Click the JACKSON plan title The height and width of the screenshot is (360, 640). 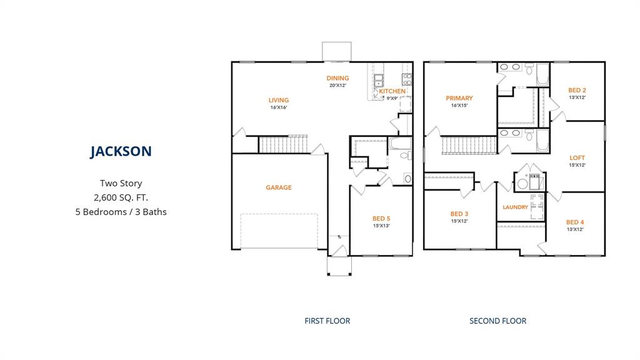click(121, 151)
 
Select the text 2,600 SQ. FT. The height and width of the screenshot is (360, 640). click(121, 197)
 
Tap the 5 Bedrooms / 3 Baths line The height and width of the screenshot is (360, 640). click(121, 212)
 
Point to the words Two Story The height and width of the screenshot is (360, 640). click(121, 183)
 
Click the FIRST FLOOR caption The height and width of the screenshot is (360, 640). click(327, 321)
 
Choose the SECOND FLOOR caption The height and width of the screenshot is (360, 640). click(497, 321)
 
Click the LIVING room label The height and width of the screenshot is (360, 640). click(279, 100)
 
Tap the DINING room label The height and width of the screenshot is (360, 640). click(337, 78)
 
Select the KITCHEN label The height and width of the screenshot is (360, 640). click(392, 91)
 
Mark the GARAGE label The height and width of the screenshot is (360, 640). click(278, 187)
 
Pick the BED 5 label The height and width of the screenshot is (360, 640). click(381, 218)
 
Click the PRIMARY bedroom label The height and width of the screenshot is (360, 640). click(459, 98)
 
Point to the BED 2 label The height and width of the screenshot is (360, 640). click(577, 90)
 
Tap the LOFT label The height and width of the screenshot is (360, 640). click(577, 157)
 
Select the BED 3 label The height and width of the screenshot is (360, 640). click(459, 214)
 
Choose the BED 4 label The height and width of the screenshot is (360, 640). click(575, 222)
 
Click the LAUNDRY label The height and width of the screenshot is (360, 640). click(516, 207)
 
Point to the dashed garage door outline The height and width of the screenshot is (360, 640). click(279, 231)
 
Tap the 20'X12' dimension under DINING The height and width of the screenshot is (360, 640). click(337, 85)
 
